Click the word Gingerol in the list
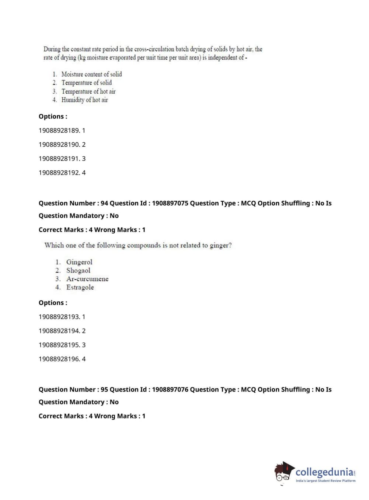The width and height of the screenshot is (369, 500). pyautogui.click(x=79, y=262)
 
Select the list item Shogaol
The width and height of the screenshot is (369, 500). pyautogui.click(x=78, y=271)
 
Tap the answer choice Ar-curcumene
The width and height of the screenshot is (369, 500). pyautogui.click(x=87, y=279)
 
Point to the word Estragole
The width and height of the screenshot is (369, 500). pyautogui.click(x=80, y=288)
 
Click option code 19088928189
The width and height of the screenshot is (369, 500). pyautogui.click(x=59, y=131)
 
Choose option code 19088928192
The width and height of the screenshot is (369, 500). pyautogui.click(x=59, y=173)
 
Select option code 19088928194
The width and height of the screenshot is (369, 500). pyautogui.click(x=59, y=331)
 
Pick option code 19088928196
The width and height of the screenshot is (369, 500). pyautogui.click(x=59, y=359)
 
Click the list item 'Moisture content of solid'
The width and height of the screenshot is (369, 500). pyautogui.click(x=91, y=74)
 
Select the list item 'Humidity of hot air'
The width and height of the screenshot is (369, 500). pyautogui.click(x=84, y=100)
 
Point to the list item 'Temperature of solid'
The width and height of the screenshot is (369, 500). pyautogui.click(x=86, y=83)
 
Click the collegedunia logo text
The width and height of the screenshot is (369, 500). pyautogui.click(x=324, y=472)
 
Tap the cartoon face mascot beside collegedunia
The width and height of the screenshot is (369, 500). pyautogui.click(x=283, y=472)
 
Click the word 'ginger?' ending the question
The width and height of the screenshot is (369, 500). pyautogui.click(x=220, y=246)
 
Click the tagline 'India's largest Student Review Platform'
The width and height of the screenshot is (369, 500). pyautogui.click(x=326, y=481)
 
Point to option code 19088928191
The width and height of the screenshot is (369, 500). pyautogui.click(x=59, y=159)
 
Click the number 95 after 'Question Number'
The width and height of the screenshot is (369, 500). pyautogui.click(x=104, y=390)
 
